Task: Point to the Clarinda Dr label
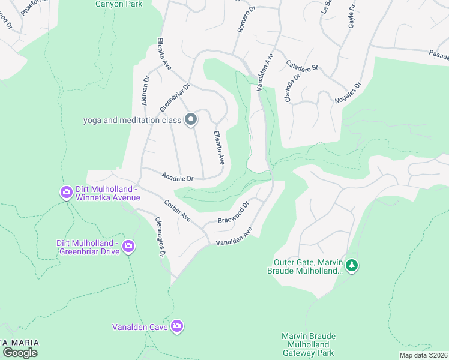292,87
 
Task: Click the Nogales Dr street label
347,94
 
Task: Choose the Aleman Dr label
145,91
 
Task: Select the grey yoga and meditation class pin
191,120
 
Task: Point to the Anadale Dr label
178,178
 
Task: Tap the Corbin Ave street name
177,211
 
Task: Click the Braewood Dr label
233,213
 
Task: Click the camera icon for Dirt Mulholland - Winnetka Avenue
66,193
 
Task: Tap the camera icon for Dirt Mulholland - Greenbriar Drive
128,246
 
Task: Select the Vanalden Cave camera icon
177,326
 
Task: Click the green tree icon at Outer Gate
352,265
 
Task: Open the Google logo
20,352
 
